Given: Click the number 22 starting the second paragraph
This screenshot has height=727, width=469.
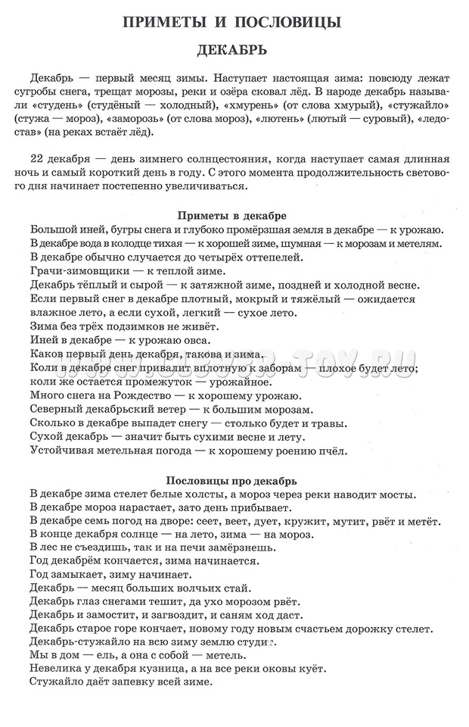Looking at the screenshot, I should pos(37,160).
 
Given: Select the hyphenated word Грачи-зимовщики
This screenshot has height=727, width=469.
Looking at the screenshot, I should pos(74,271).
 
